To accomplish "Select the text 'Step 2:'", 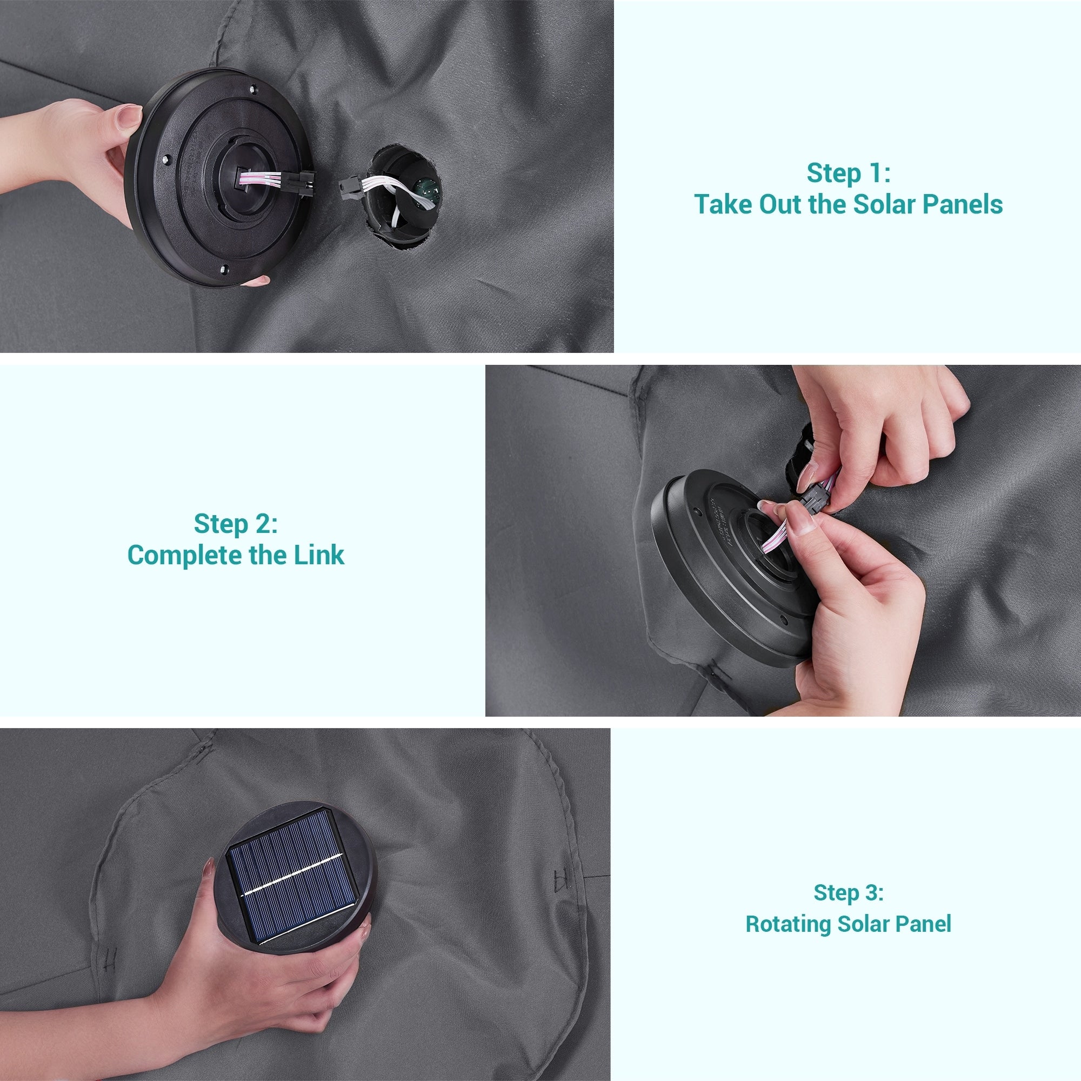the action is click(236, 524).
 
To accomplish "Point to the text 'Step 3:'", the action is click(848, 892).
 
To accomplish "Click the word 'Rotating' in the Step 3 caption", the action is click(789, 924).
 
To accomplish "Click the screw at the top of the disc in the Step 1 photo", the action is click(252, 89).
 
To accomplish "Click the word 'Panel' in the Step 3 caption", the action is click(923, 924).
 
